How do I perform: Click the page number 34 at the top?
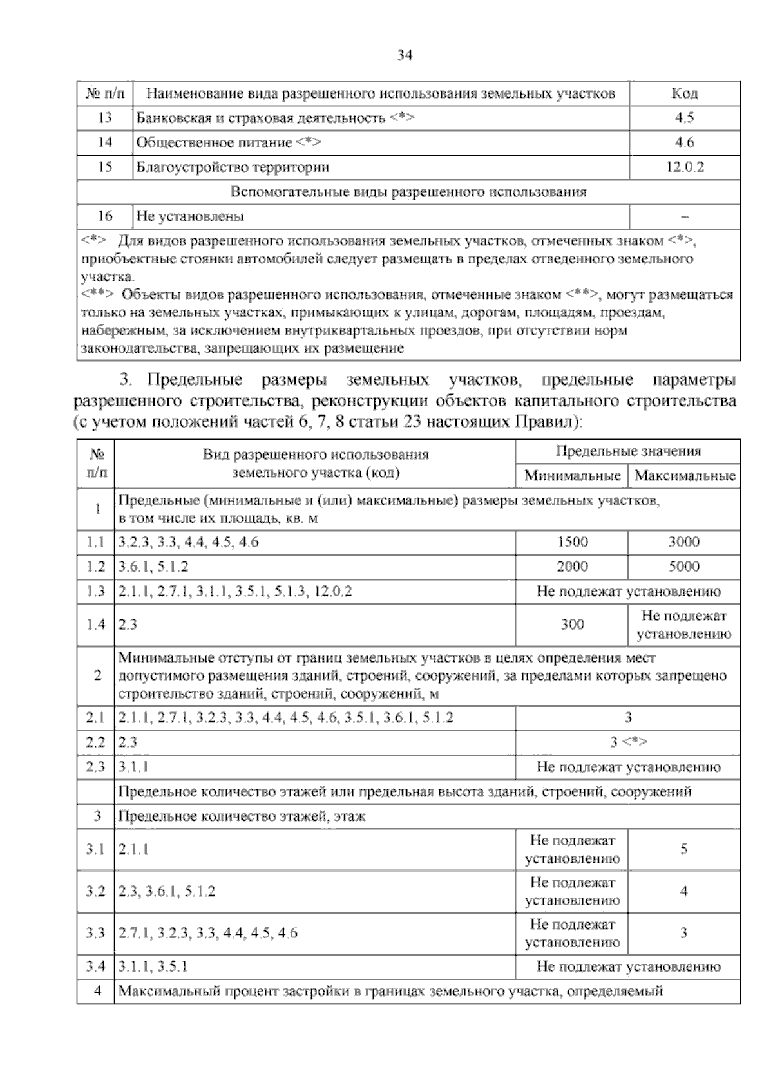click(x=405, y=56)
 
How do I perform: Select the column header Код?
click(x=684, y=94)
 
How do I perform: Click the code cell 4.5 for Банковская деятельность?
click(x=684, y=118)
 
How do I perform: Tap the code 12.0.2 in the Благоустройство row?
click(x=684, y=167)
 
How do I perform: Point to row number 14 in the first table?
click(x=104, y=143)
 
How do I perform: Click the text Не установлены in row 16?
click(x=191, y=217)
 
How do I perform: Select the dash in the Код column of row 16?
click(x=684, y=217)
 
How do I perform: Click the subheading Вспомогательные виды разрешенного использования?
click(x=408, y=193)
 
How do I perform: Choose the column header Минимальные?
click(x=572, y=476)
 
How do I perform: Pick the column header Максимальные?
click(x=684, y=476)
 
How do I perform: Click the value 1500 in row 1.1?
click(x=572, y=542)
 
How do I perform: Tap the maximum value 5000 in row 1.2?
click(x=684, y=567)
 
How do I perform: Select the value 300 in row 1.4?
click(x=572, y=625)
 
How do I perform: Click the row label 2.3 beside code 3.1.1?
click(x=95, y=767)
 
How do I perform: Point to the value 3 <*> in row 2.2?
click(x=628, y=742)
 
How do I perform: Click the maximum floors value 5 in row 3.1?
click(x=684, y=850)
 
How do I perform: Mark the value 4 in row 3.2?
click(x=684, y=892)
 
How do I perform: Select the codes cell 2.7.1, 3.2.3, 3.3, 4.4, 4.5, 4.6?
click(x=208, y=934)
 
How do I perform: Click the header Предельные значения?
click(x=628, y=452)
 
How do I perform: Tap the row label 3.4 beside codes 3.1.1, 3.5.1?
click(x=95, y=967)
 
